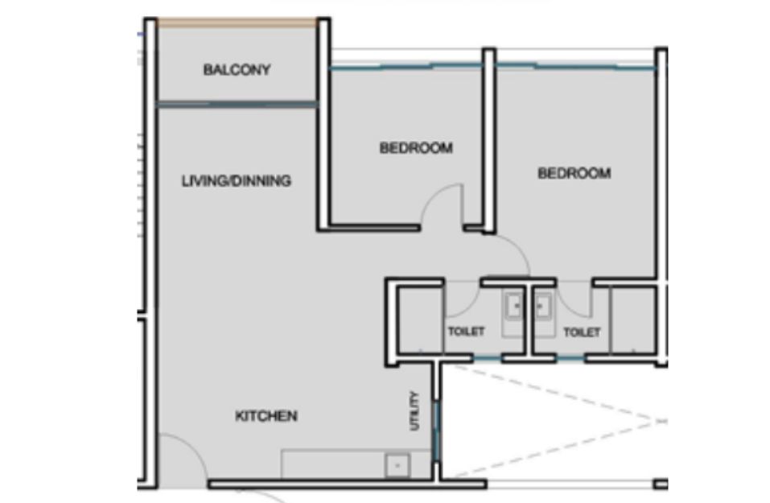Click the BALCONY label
pyautogui.click(x=237, y=70)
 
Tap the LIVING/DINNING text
pyautogui.click(x=237, y=181)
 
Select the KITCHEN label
pyautogui.click(x=266, y=416)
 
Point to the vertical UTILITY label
pyautogui.click(x=415, y=410)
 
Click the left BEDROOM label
pyautogui.click(x=416, y=148)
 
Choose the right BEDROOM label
pyautogui.click(x=574, y=173)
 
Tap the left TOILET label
pyautogui.click(x=466, y=332)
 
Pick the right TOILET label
pyautogui.click(x=582, y=332)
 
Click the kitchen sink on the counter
pyautogui.click(x=397, y=465)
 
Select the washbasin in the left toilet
pyautogui.click(x=514, y=307)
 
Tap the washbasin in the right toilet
pyautogui.click(x=543, y=307)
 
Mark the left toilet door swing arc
pyautogui.click(x=471, y=307)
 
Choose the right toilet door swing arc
pyautogui.click(x=566, y=306)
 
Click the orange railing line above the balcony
pyautogui.click(x=237, y=23)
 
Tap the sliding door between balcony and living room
pyautogui.click(x=237, y=104)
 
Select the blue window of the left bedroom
pyautogui.click(x=406, y=66)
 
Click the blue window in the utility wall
pyautogui.click(x=435, y=431)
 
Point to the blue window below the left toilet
pyautogui.click(x=487, y=359)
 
